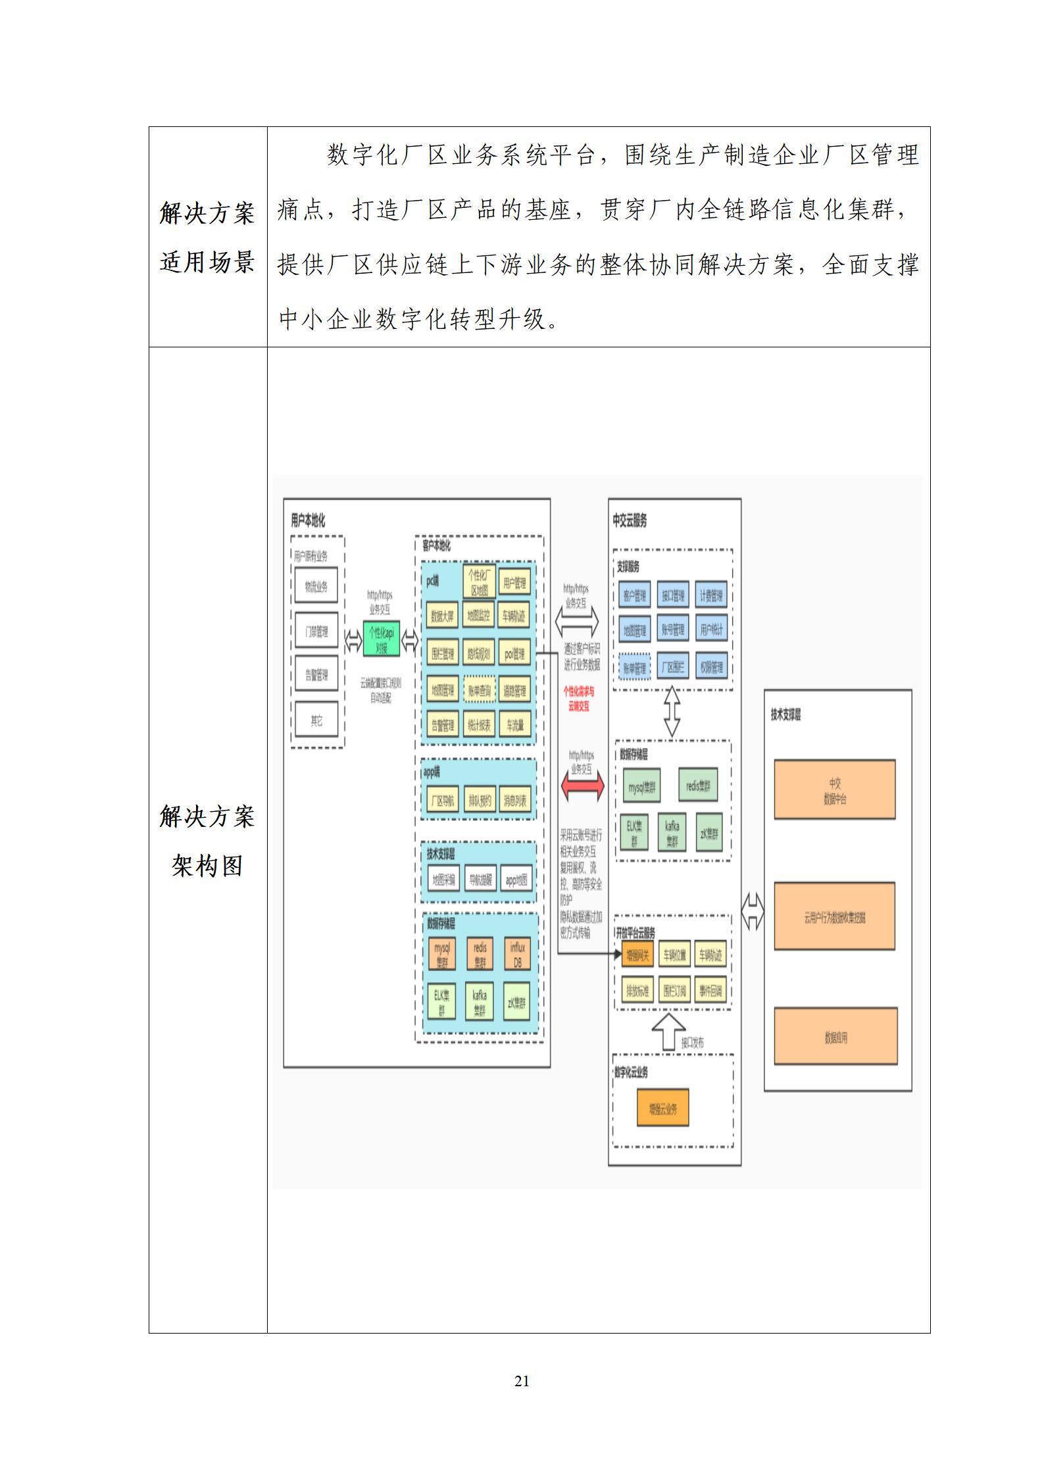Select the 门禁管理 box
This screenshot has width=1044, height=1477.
[x=316, y=632]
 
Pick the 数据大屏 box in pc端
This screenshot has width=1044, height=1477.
[x=441, y=616]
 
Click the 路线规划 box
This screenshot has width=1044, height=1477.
[x=478, y=654]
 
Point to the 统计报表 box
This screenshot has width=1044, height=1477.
[x=478, y=726]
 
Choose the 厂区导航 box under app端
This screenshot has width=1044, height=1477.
[x=441, y=801]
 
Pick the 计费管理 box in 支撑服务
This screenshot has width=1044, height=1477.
[x=711, y=595]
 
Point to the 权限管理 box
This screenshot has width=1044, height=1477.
[x=711, y=667]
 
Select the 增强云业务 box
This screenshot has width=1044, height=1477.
[x=662, y=1109]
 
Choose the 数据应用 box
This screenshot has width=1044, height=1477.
[x=835, y=1038]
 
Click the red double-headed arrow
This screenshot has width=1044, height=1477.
[x=582, y=786]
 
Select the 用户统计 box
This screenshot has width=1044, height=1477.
[x=711, y=630]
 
